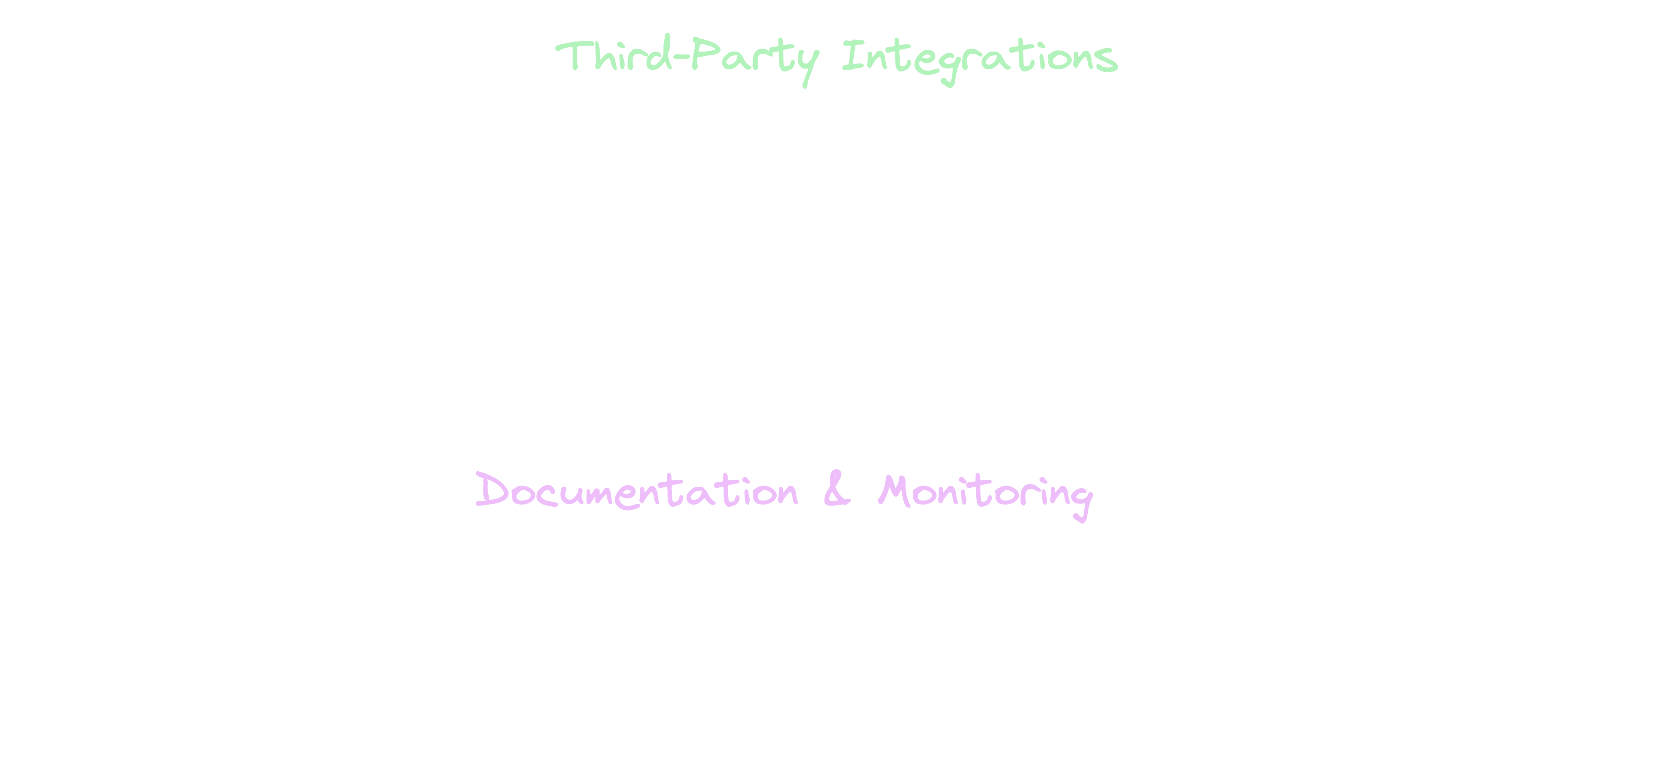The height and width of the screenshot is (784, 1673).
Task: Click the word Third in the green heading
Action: click(614, 53)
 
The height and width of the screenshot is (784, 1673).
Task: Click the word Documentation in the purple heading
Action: click(636, 490)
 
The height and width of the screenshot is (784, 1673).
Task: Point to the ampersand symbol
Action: click(837, 489)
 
